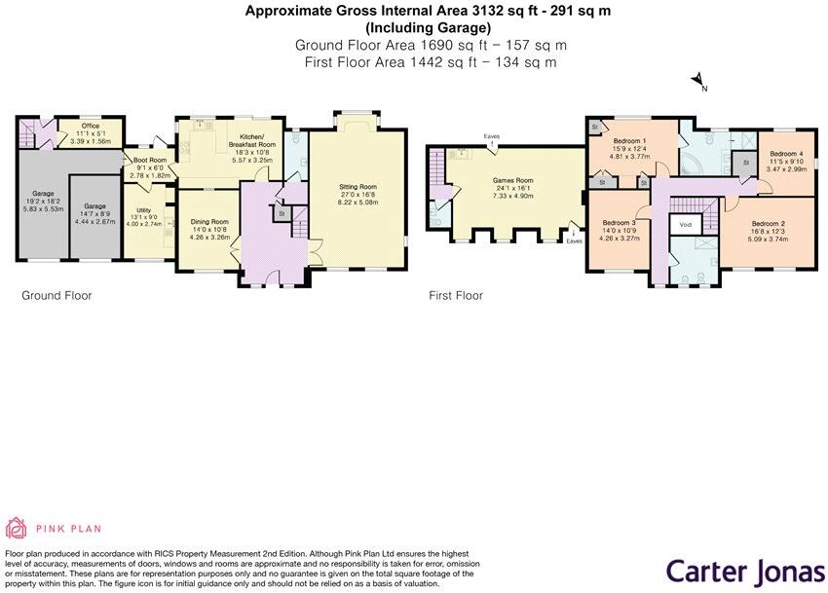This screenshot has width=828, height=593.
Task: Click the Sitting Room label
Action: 358,186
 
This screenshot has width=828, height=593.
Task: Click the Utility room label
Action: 143,210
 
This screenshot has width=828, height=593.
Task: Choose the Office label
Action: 91,126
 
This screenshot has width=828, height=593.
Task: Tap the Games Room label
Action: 511,180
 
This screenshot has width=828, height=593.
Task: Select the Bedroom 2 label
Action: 768,223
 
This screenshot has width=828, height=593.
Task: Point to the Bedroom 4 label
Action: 786,154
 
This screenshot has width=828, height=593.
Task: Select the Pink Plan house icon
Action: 17,528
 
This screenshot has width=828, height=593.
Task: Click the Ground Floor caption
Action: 56,295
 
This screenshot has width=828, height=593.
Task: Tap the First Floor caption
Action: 456,295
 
